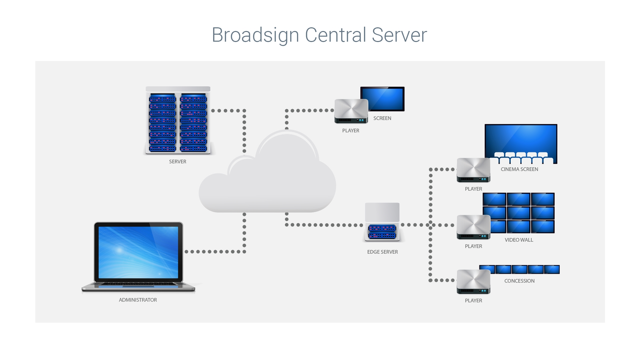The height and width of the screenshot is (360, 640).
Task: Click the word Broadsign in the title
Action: pos(255,35)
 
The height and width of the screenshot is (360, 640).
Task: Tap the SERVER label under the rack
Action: pos(177,162)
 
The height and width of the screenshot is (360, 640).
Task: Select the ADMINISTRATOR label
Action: pos(138,300)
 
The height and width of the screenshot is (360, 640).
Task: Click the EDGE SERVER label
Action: pos(382,252)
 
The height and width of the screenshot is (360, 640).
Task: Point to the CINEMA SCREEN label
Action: pos(519,169)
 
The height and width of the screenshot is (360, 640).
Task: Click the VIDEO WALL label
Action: pos(519,240)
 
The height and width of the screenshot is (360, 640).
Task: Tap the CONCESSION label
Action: pos(519,281)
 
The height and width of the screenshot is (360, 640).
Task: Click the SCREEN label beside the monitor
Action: pos(382,118)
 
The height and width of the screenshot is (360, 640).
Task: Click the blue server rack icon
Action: pos(178,122)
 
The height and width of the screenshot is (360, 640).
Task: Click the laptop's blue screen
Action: pos(138,252)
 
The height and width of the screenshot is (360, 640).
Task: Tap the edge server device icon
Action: pos(382,223)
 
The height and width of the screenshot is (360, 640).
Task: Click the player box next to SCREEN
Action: pos(351,111)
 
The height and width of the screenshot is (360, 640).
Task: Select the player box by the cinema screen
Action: pos(473,170)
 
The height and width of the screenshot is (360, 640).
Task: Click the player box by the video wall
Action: pos(473,227)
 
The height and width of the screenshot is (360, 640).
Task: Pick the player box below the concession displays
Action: pos(473,282)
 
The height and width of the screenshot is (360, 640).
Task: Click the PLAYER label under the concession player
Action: pos(473,301)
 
